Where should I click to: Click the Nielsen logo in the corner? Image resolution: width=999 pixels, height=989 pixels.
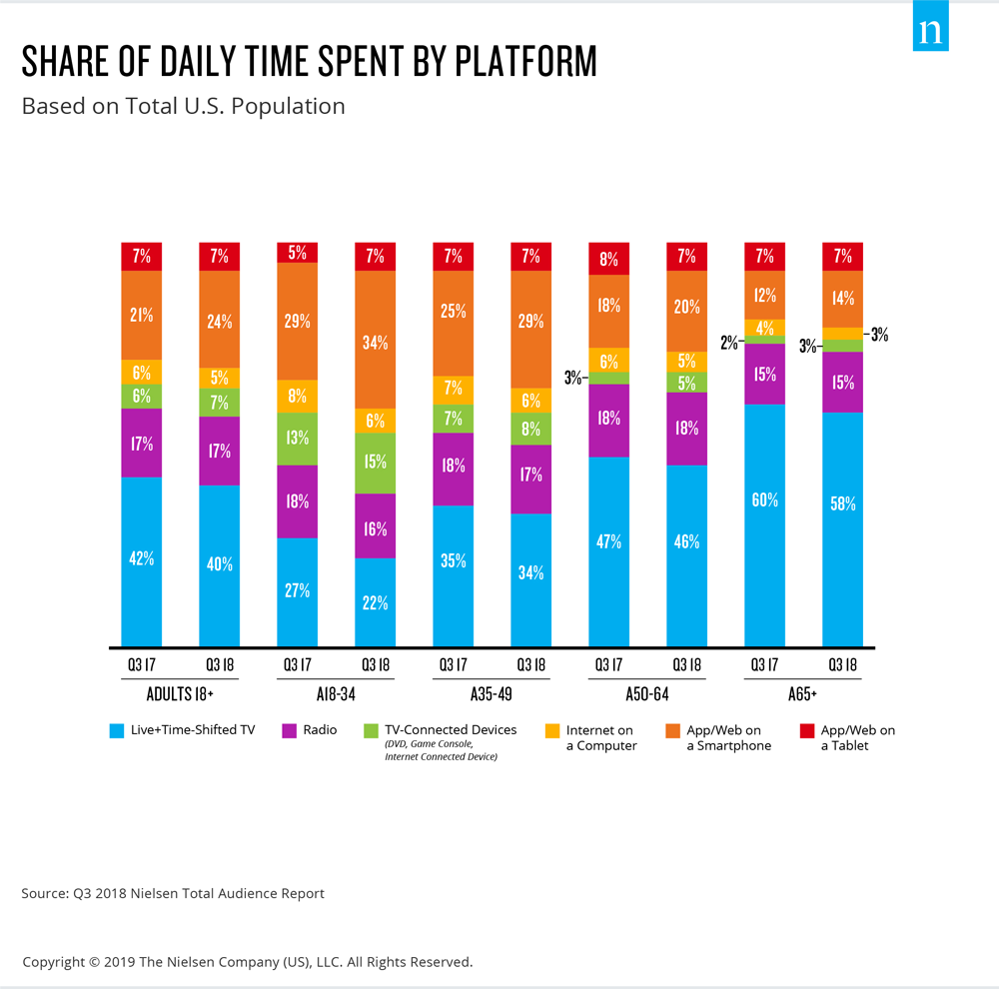[x=930, y=31]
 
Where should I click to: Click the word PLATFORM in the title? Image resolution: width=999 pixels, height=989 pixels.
[x=525, y=62]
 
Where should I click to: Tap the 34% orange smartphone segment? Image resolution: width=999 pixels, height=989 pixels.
[x=376, y=340]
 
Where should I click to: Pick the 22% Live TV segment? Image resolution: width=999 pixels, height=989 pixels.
[x=376, y=602]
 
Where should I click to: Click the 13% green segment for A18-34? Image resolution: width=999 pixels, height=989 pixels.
[x=298, y=439]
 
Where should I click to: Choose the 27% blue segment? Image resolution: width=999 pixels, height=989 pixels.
[x=298, y=591]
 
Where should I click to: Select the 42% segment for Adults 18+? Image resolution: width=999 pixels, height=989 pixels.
[x=142, y=560]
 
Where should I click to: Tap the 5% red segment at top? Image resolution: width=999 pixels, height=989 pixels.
[x=298, y=253]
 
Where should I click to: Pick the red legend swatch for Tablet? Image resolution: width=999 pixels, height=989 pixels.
[x=794, y=731]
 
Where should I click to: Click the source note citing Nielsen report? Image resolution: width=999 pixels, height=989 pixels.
[x=173, y=893]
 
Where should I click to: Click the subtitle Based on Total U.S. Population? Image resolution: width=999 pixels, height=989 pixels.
[x=184, y=106]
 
